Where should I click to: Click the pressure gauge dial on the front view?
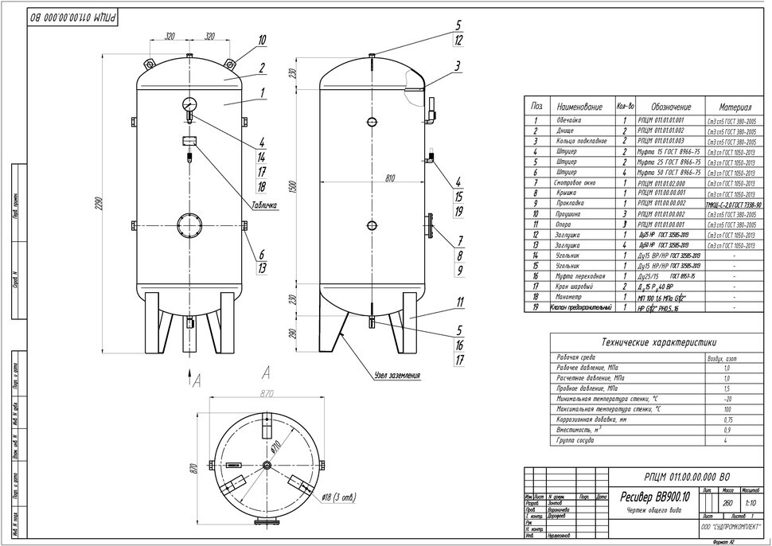[x=189, y=104]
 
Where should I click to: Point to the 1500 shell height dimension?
[x=293, y=188]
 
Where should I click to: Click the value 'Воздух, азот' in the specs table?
[x=727, y=358]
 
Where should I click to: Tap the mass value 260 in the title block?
[x=727, y=503]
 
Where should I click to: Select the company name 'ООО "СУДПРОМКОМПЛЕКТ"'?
[x=731, y=527]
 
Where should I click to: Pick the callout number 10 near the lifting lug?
[x=262, y=40]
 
